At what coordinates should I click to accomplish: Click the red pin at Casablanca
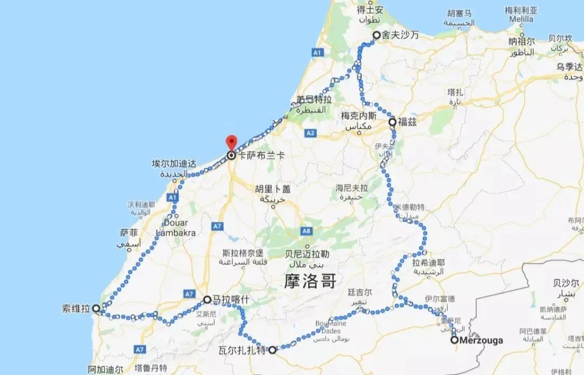point(231,142)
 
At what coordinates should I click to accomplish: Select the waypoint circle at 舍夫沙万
point(377,35)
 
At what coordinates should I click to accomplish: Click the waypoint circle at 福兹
point(392,122)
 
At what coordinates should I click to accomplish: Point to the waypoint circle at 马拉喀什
point(207,299)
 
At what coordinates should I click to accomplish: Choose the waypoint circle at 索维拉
point(96,308)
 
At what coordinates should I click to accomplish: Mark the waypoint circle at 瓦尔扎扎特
point(273,350)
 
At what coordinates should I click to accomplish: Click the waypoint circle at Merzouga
point(455,340)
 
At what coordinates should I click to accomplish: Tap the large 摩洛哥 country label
point(310,281)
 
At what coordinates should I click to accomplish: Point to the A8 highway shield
point(307,232)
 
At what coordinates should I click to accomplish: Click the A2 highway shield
point(310,132)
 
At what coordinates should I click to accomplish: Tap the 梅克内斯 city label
point(357,116)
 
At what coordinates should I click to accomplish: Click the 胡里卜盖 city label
point(273,189)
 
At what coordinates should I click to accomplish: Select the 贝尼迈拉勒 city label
point(307,254)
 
